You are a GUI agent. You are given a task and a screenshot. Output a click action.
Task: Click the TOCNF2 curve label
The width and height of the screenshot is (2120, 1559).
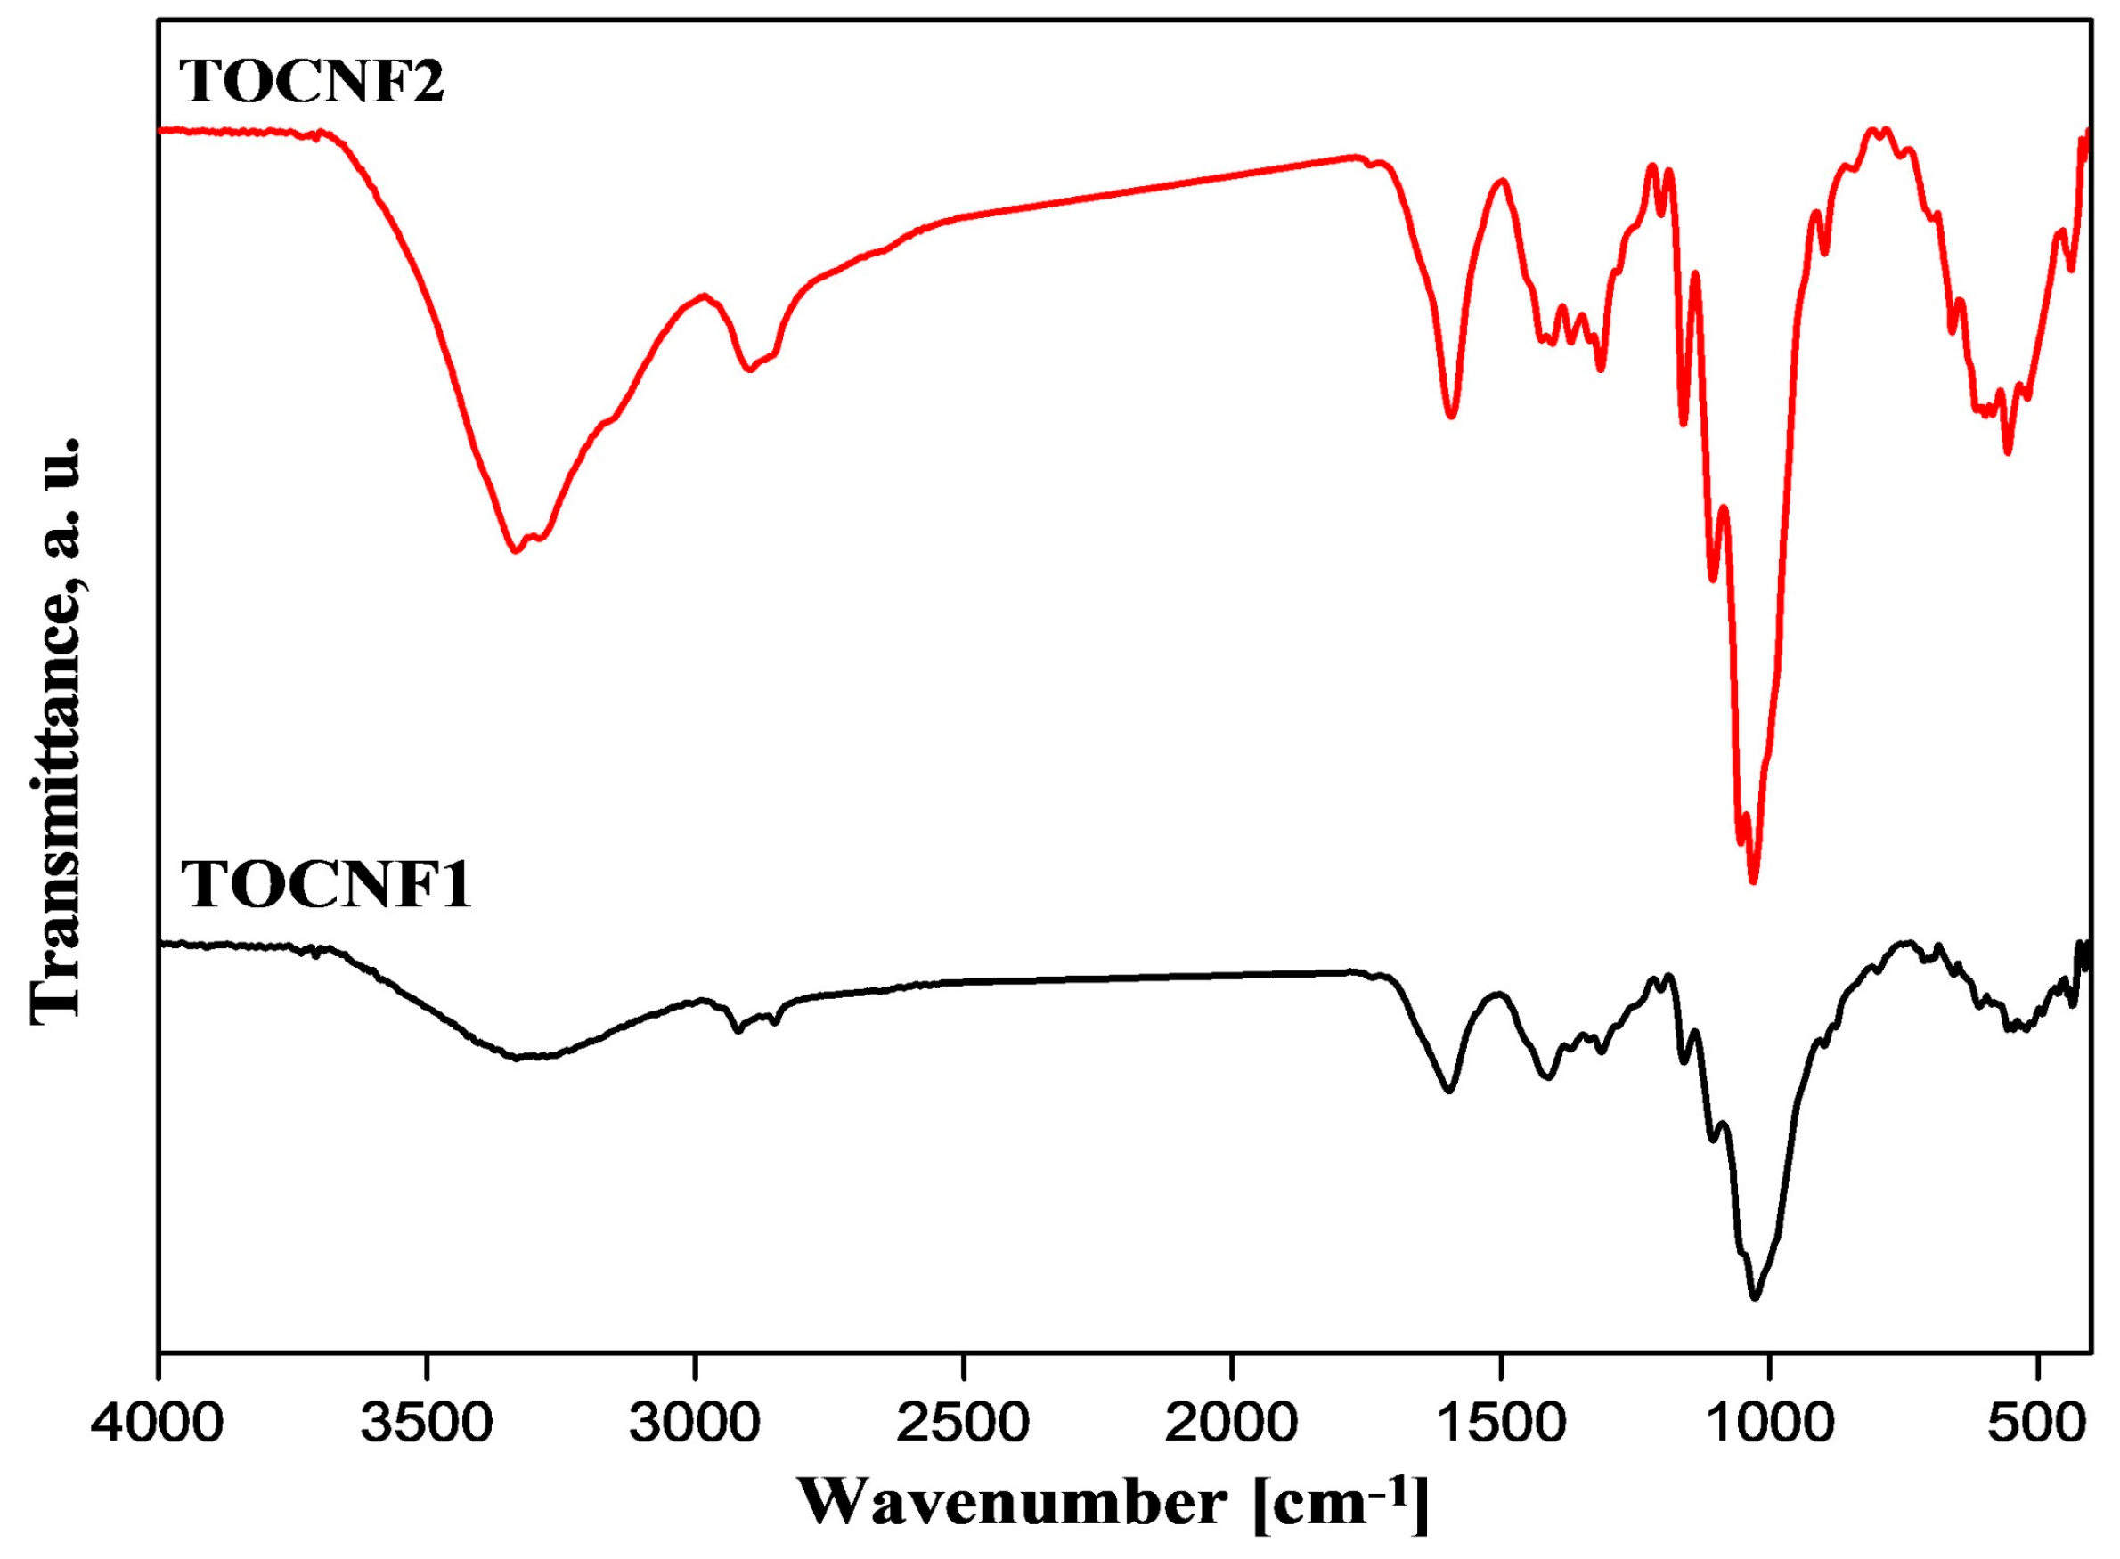point(312,82)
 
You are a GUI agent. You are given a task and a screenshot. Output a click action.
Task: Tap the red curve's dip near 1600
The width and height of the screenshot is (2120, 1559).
point(1452,416)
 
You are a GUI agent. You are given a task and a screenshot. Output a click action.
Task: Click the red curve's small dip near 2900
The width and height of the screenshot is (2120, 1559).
point(749,369)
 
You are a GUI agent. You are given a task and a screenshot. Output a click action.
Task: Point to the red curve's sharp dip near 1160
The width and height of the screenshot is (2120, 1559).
point(1683,425)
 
